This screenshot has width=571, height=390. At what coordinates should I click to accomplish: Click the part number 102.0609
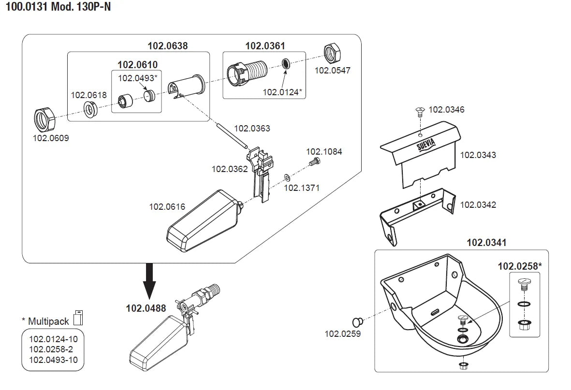click(51, 138)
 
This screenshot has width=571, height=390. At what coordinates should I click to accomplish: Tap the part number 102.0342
click(478, 204)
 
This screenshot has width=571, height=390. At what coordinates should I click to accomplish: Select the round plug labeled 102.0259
click(358, 321)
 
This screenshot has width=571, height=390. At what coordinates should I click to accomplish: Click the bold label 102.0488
click(146, 308)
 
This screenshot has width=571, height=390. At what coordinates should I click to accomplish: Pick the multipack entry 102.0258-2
click(51, 349)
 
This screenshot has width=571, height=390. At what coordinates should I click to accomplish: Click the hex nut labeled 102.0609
click(44, 118)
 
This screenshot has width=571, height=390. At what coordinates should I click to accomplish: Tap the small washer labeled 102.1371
click(287, 177)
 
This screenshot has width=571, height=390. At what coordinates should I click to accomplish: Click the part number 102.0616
click(167, 207)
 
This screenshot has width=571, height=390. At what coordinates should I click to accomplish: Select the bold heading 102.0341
click(486, 243)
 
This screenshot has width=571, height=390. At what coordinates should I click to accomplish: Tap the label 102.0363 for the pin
click(252, 129)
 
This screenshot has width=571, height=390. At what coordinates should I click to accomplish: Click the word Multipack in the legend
click(49, 321)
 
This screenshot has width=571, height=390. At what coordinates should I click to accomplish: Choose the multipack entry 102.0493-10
click(53, 360)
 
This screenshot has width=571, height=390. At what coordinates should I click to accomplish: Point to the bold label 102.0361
click(265, 46)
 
